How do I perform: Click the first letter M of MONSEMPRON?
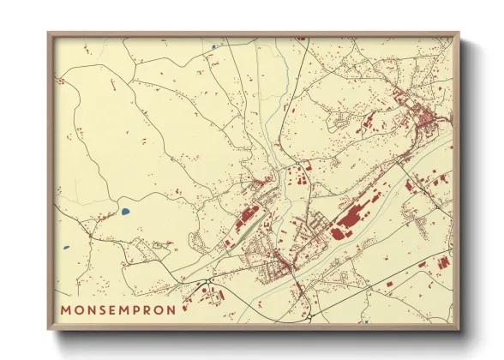pos(67,309)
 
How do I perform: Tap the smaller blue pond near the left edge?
pos(65,249)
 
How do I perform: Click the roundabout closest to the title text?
pos(208,283)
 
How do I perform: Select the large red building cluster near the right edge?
pos(441,261)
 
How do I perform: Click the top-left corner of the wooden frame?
pos(49,33)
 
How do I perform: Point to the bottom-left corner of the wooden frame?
pos(49,328)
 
